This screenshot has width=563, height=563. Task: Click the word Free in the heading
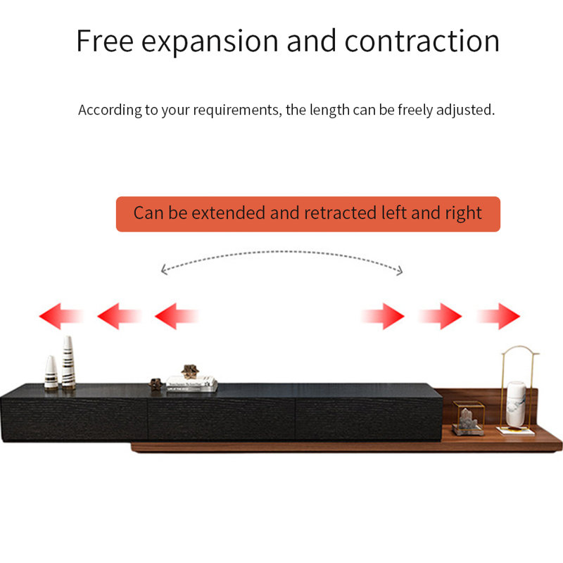[105, 41]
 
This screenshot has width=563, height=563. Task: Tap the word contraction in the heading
[422, 41]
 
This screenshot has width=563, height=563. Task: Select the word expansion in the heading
[210, 43]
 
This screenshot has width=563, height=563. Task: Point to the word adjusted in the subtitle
[465, 110]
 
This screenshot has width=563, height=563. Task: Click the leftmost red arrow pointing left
[61, 316]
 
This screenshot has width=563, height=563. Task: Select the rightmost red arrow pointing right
[499, 316]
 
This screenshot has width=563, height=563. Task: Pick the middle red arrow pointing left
[119, 316]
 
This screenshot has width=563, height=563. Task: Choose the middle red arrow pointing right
[441, 316]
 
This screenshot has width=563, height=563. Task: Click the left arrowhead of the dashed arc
[164, 270]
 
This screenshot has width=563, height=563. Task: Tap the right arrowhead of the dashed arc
[400, 271]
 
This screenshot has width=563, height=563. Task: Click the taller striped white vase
[68, 362]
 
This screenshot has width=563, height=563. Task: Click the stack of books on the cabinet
[191, 384]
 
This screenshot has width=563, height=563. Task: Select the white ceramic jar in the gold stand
[516, 404]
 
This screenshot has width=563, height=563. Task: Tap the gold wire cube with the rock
[468, 418]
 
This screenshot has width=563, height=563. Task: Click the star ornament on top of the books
[189, 372]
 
